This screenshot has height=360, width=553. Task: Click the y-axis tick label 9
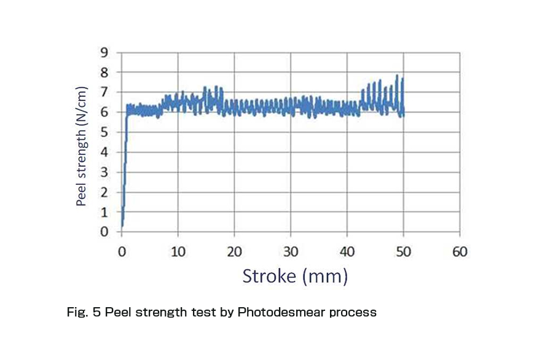104,53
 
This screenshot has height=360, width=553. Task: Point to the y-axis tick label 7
104,92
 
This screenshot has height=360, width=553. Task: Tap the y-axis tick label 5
104,132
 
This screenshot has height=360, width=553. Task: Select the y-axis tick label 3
104,172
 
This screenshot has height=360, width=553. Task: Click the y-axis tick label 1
104,212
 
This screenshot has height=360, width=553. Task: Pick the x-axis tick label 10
178,251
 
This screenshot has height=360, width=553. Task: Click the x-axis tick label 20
234,251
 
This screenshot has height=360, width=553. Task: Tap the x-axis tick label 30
291,251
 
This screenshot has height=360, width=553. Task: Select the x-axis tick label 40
347,251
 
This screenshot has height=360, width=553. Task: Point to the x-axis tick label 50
404,251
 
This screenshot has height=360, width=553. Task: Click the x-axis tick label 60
460,251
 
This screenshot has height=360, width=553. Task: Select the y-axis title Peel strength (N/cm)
82,146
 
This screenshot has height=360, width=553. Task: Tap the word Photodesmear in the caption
273,312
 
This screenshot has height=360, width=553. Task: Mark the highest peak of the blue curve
397,76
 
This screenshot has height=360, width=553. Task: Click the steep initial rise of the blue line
125,166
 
